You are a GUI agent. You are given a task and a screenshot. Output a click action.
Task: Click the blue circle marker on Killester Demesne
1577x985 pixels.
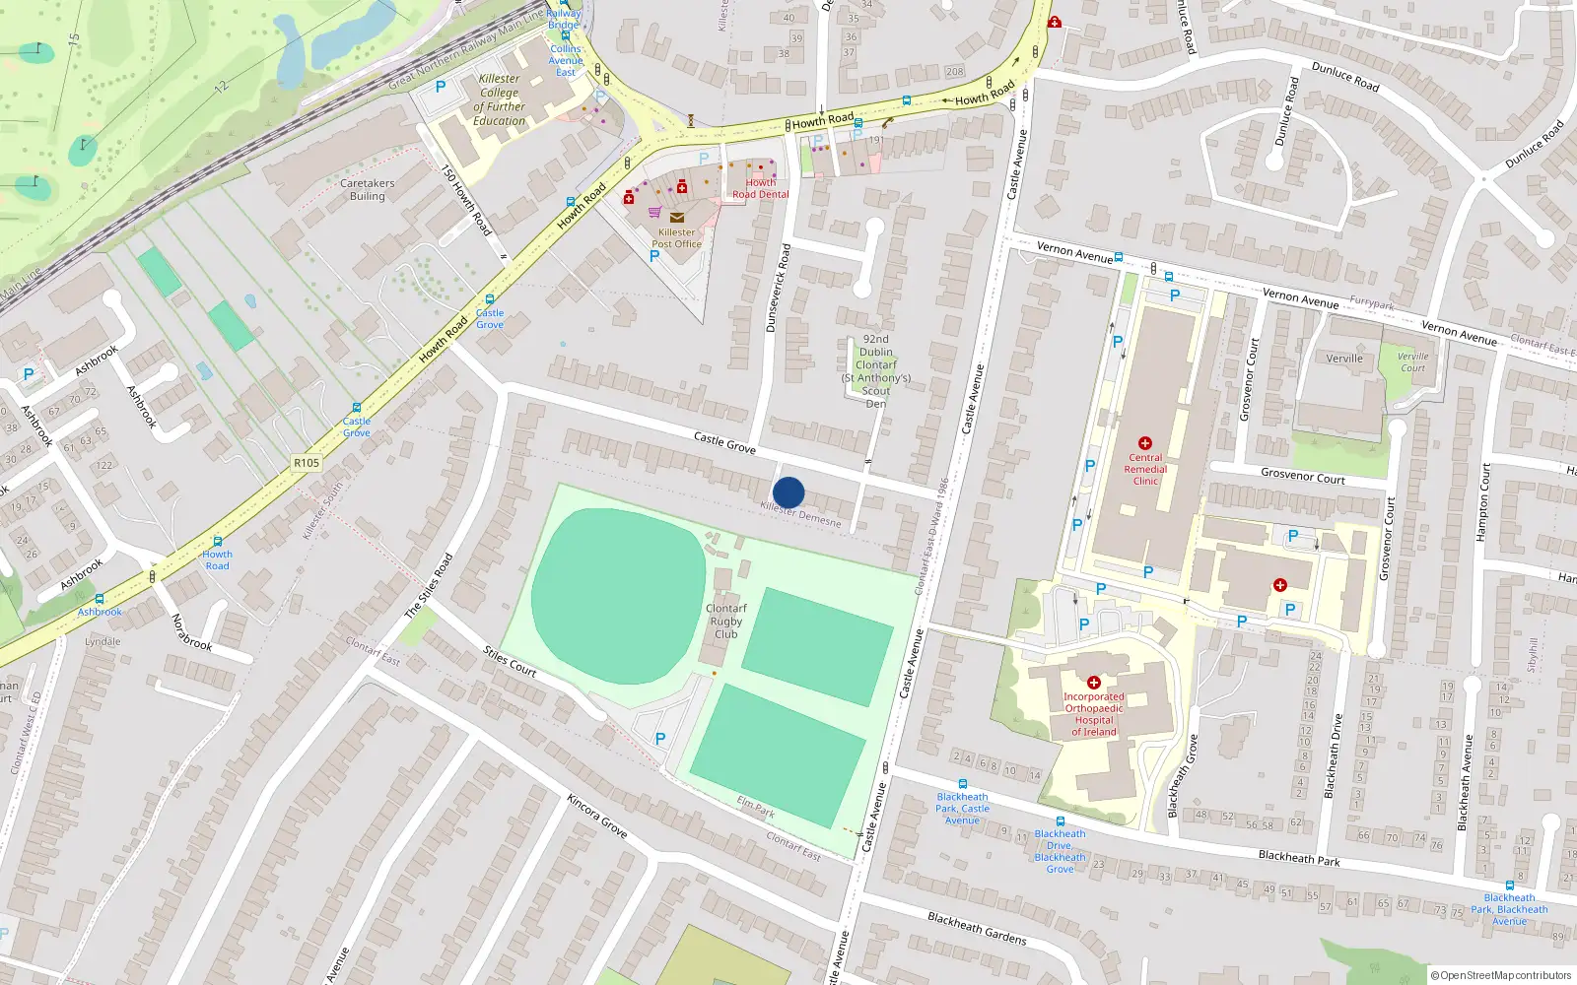click(x=788, y=492)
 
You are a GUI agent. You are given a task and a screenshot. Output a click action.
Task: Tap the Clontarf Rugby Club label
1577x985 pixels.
click(x=726, y=622)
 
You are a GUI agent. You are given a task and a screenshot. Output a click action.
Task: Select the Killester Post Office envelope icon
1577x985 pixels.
click(x=676, y=218)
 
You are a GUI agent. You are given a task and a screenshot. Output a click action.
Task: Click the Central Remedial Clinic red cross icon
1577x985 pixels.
click(x=1145, y=444)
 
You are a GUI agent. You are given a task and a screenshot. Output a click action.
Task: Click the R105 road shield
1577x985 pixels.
click(x=307, y=463)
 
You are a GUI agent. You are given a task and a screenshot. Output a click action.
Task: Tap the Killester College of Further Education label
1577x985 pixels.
click(x=500, y=99)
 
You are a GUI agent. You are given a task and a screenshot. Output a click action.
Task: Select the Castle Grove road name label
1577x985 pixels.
click(x=724, y=442)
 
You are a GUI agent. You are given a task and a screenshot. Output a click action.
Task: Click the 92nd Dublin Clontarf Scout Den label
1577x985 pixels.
click(x=875, y=371)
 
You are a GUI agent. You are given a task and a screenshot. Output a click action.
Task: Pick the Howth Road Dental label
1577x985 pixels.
click(x=760, y=188)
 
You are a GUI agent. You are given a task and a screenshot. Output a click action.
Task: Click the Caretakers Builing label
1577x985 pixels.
click(x=367, y=189)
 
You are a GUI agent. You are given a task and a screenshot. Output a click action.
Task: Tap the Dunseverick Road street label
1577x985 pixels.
click(x=779, y=288)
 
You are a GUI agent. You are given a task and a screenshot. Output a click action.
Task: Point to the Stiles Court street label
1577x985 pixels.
click(x=510, y=661)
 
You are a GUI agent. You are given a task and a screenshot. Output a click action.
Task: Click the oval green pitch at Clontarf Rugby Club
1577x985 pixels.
click(x=618, y=596)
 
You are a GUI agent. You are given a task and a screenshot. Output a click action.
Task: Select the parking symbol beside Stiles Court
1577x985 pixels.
click(x=660, y=739)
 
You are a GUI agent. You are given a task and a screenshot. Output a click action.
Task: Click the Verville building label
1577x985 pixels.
click(x=1344, y=359)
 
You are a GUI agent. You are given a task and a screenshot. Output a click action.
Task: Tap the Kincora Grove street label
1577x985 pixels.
click(x=597, y=816)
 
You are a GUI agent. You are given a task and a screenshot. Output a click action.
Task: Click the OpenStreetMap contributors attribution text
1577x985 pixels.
click(x=1501, y=975)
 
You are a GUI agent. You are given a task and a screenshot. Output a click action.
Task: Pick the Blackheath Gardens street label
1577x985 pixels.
click(x=977, y=928)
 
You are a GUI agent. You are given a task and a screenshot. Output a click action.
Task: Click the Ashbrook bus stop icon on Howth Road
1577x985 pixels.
click(x=100, y=599)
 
